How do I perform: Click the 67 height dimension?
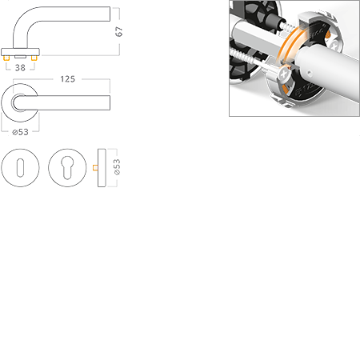coord(118,31)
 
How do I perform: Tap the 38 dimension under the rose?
coord(20,68)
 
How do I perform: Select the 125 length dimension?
coord(68,79)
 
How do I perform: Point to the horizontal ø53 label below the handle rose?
coord(21,132)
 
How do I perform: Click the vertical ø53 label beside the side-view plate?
coord(117,167)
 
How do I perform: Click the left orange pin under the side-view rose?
coord(6,58)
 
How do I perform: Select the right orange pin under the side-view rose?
coord(34,58)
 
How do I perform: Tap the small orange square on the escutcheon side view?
coord(95,168)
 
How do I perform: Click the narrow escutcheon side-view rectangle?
coord(102,168)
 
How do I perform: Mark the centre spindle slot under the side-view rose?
coord(20,57)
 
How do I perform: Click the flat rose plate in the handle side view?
coord(20,52)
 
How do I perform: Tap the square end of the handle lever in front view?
coord(109,102)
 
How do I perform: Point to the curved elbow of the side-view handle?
coord(22,22)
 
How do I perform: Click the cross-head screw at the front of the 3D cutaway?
coord(284,74)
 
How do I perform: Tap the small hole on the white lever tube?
coord(309,72)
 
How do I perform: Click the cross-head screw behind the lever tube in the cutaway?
coord(335,45)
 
